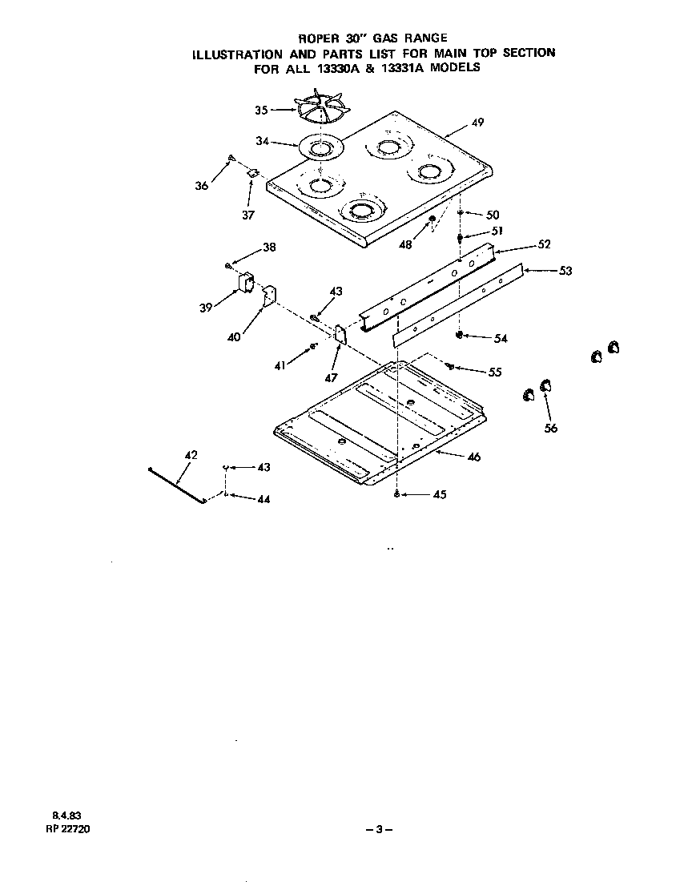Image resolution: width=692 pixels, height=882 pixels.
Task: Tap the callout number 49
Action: click(477, 123)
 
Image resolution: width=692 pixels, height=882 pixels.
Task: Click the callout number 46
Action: click(473, 457)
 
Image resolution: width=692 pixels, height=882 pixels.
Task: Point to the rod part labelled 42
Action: click(177, 485)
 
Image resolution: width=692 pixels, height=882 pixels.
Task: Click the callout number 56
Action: click(551, 428)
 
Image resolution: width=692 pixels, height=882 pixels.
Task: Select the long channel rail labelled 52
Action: click(432, 288)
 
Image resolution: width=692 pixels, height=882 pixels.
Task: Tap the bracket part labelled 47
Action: click(340, 332)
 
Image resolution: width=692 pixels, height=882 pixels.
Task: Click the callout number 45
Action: click(439, 494)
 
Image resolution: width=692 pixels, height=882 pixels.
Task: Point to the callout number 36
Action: click(201, 186)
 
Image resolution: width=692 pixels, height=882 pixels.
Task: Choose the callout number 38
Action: click(269, 248)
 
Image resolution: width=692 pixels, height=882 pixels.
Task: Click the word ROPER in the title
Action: click(319, 38)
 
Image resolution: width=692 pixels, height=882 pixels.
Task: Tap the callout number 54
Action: click(501, 339)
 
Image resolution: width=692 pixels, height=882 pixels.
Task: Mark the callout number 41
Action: click(280, 365)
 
